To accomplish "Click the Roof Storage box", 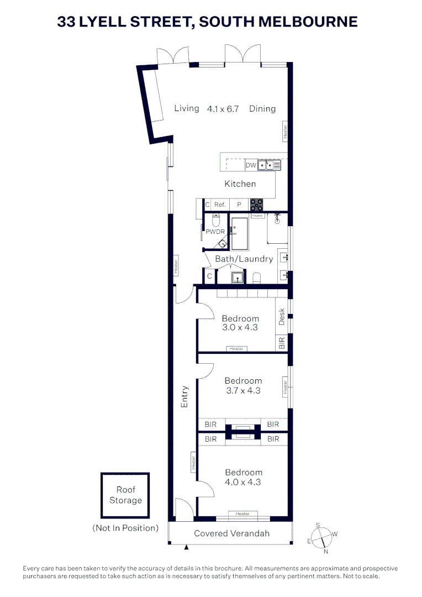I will click(x=125, y=495).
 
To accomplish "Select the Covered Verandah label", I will click(x=231, y=533).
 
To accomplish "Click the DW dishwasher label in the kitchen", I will click(x=251, y=165).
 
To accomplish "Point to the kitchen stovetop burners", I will click(x=256, y=205).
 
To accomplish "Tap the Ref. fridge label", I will click(x=220, y=205).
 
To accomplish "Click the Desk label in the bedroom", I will click(x=282, y=316).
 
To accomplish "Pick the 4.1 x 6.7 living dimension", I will click(x=223, y=109).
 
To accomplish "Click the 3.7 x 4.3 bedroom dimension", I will click(x=243, y=390).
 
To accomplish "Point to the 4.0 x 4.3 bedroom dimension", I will click(x=243, y=482).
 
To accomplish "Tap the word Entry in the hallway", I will click(x=184, y=397).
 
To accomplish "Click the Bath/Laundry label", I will click(x=244, y=259).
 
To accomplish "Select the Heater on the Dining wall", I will click(x=286, y=131).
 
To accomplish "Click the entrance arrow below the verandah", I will click(x=187, y=547).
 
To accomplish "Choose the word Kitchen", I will click(x=240, y=184).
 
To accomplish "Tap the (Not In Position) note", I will click(x=125, y=528).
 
